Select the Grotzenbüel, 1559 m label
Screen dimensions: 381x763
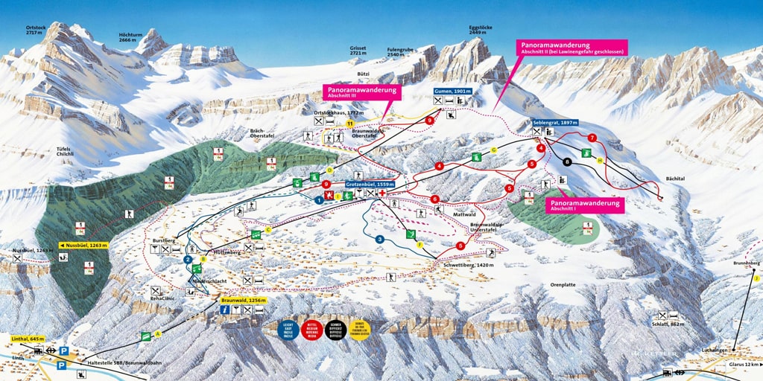pyautogui.click(x=370, y=183)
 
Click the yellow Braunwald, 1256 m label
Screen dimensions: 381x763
pyautogui.click(x=243, y=299)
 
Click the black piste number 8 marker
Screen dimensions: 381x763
pyautogui.click(x=568, y=161)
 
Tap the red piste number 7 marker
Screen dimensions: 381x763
pyautogui.click(x=592, y=138)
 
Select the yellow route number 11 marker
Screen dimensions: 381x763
pyautogui.click(x=349, y=123)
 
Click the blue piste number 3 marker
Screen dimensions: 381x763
pyautogui.click(x=380, y=239)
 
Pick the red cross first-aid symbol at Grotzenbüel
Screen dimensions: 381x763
pyautogui.click(x=382, y=193)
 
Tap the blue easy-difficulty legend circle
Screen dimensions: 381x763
pyautogui.click(x=288, y=328)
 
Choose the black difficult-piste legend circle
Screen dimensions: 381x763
pyautogui.click(x=335, y=328)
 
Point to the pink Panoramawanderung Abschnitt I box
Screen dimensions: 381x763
pyautogui.click(x=585, y=205)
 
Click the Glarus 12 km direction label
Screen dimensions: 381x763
pyautogui.click(x=742, y=365)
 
